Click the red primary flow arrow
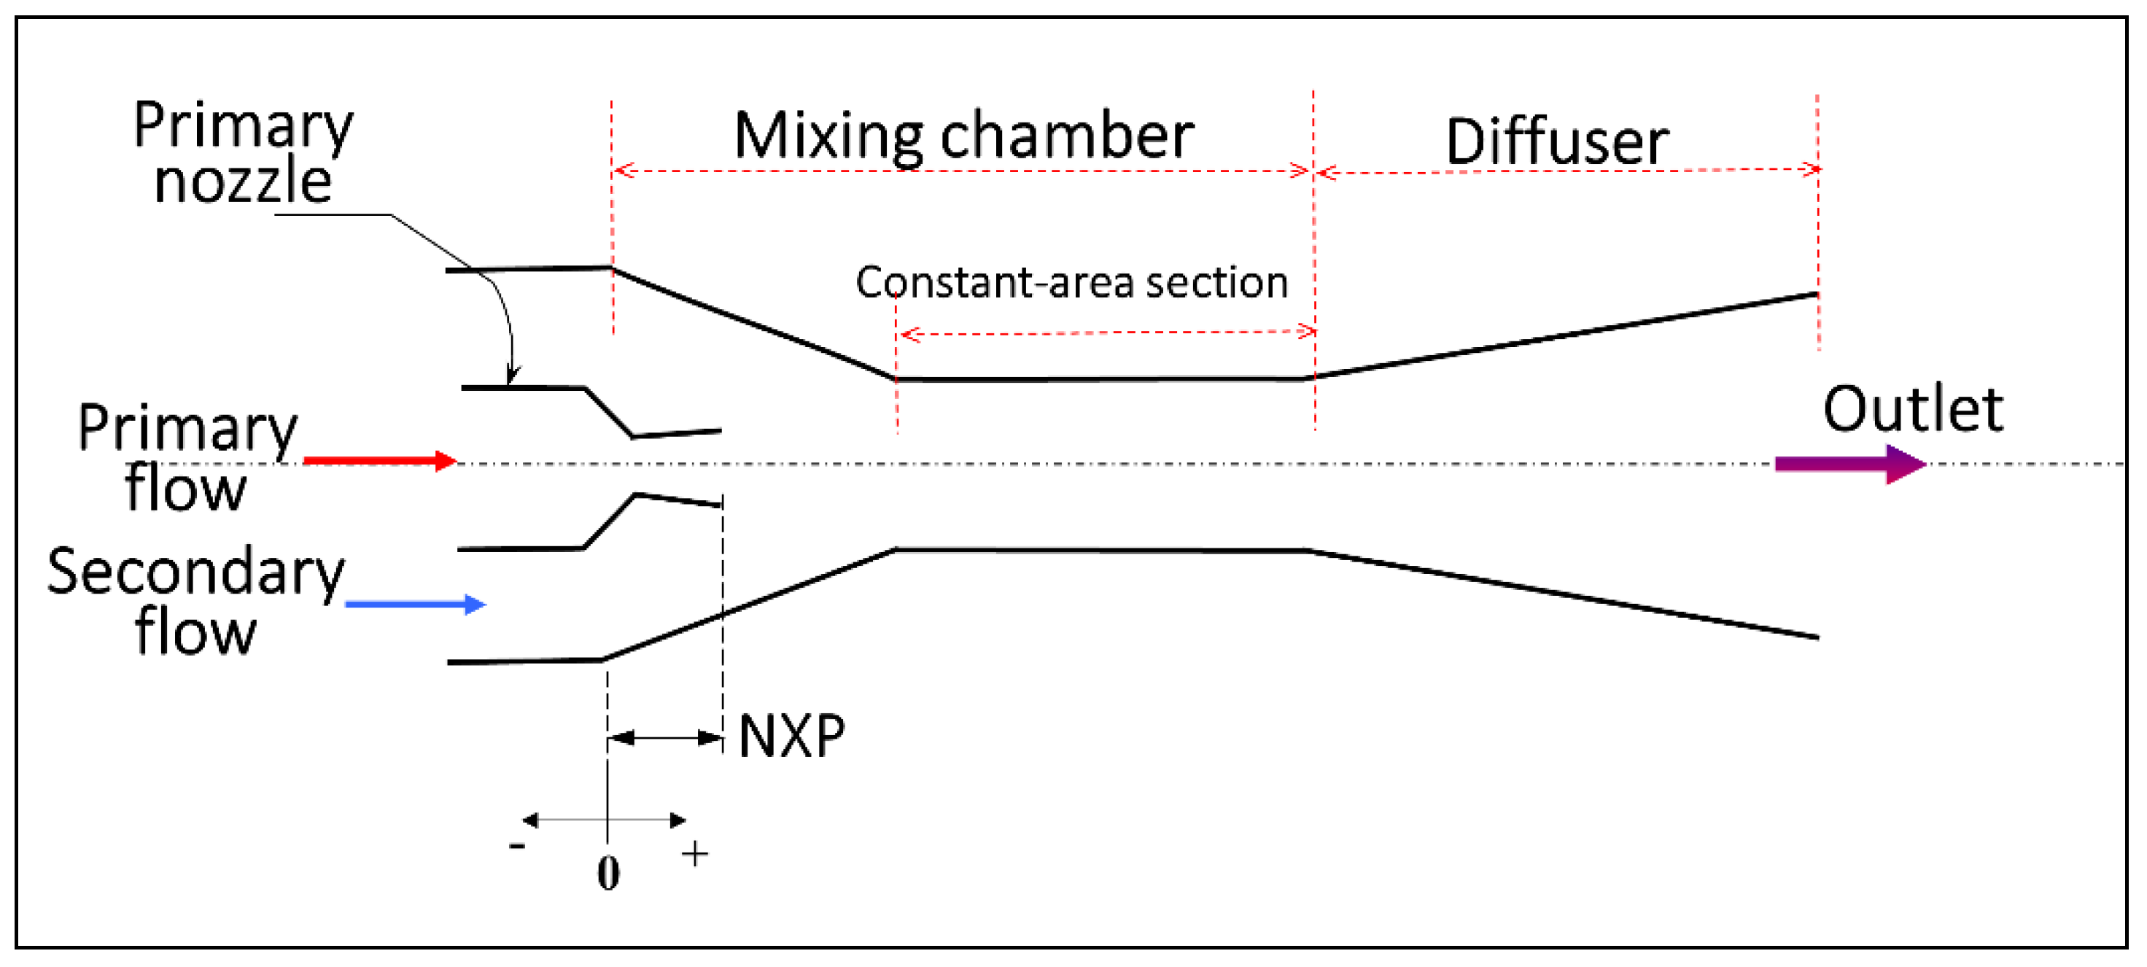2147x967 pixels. [x=379, y=460]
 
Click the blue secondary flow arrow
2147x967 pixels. [x=415, y=605]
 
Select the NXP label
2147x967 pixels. [x=791, y=737]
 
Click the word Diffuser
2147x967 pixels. [x=1556, y=141]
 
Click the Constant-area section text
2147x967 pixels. [x=1071, y=283]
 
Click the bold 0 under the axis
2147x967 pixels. [x=608, y=874]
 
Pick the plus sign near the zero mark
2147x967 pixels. [x=694, y=855]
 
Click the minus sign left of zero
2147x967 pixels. [x=517, y=846]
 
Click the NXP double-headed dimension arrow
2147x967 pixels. [x=665, y=738]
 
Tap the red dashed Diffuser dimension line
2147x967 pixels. [x=1567, y=171]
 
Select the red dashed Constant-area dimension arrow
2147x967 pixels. [x=1109, y=333]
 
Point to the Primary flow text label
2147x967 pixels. [x=187, y=457]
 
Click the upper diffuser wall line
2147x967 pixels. [x=1567, y=335]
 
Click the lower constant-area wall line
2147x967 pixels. [x=1100, y=550]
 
